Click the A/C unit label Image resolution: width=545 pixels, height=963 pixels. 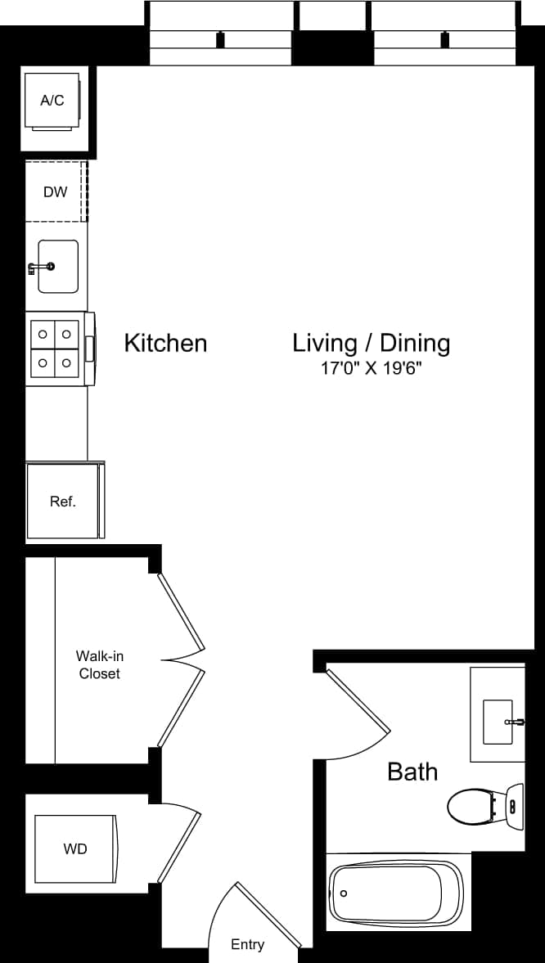tap(52, 101)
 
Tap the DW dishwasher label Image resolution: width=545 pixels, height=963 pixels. tap(56, 192)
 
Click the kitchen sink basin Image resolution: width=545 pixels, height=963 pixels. tap(61, 266)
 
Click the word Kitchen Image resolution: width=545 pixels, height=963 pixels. tap(165, 343)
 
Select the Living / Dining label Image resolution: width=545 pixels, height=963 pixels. tap(372, 343)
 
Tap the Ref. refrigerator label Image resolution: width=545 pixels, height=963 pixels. tap(62, 502)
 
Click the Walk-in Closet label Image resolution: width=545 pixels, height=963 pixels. tap(100, 664)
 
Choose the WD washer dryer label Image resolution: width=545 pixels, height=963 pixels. tap(74, 849)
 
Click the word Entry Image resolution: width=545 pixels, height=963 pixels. tap(247, 944)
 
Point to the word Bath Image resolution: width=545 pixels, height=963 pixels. tap(412, 772)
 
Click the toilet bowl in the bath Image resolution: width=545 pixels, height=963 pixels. tap(467, 806)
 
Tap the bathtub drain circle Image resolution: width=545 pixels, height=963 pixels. tap(343, 894)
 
